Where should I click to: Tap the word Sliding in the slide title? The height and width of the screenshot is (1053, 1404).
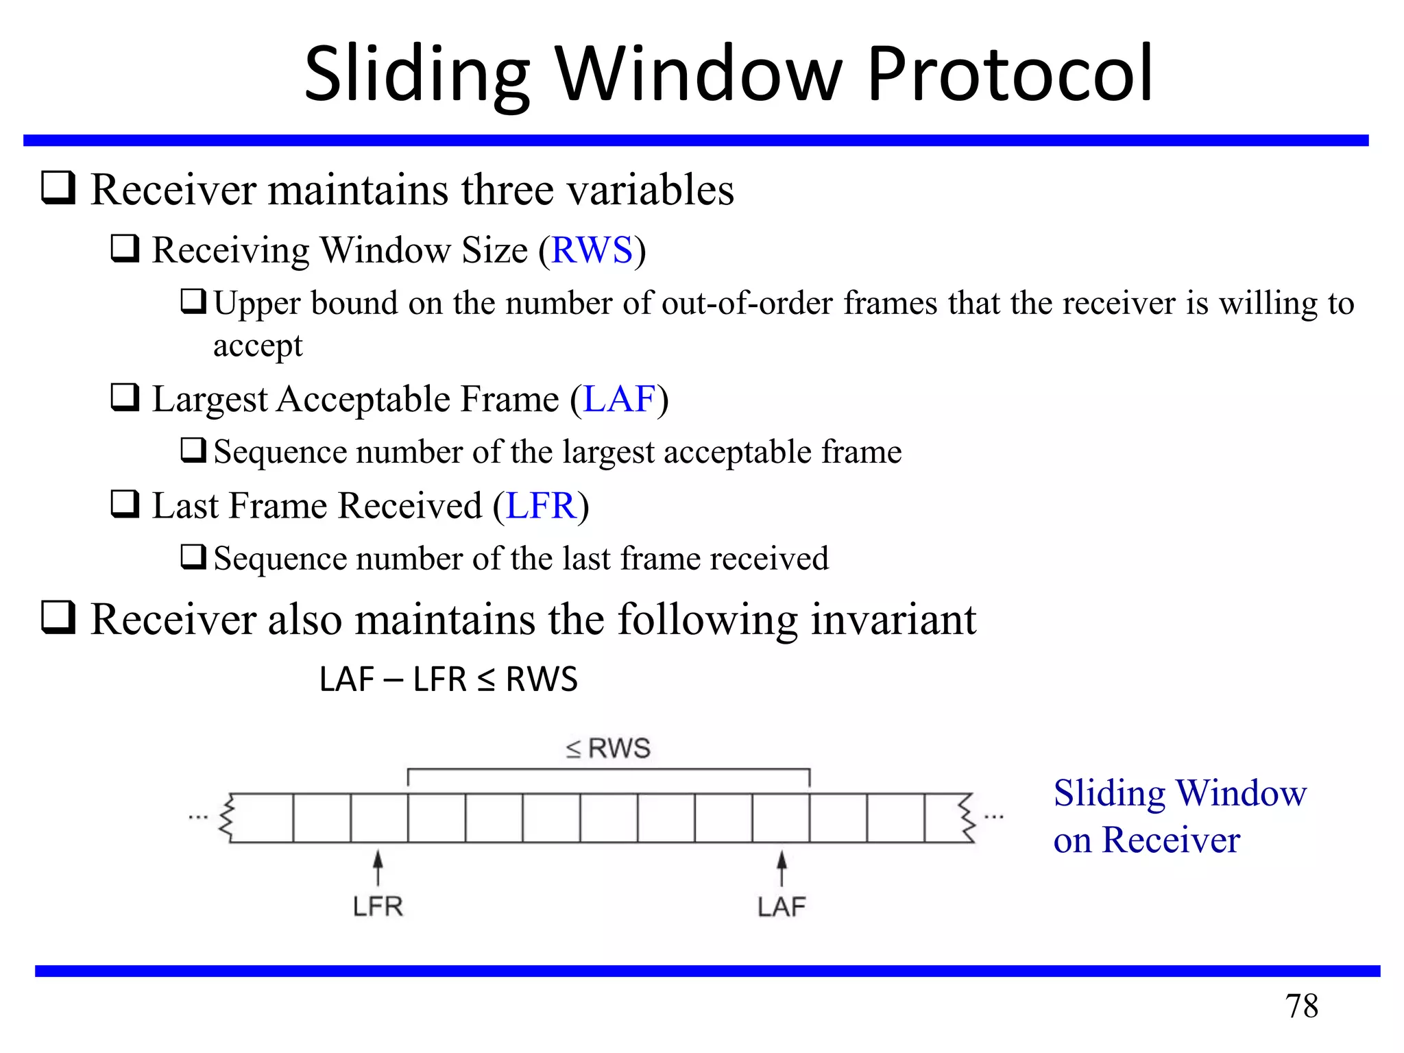tap(416, 73)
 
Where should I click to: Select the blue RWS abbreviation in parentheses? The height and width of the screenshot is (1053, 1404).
tap(592, 250)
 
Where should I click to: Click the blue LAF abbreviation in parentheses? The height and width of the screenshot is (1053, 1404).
tap(620, 399)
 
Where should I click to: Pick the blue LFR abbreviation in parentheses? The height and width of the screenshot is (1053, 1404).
tap(540, 506)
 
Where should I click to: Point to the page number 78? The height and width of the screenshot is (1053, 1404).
tap(1301, 1006)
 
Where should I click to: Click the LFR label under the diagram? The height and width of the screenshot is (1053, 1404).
tap(378, 907)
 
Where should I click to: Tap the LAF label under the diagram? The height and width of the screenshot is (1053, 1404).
tap(782, 907)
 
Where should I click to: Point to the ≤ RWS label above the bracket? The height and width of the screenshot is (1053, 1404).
tap(608, 748)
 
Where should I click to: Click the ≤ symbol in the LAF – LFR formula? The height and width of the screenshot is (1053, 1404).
tap(485, 680)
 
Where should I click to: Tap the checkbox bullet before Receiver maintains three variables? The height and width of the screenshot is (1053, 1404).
tap(58, 188)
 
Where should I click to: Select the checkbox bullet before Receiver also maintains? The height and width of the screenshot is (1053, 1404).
tap(58, 617)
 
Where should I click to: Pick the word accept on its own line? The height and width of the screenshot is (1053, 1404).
tap(258, 346)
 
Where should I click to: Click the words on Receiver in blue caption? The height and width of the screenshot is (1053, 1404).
tap(1146, 840)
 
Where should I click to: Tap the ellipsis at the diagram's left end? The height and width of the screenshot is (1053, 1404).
tap(198, 817)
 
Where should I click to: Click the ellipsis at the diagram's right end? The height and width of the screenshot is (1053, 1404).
tap(994, 817)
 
